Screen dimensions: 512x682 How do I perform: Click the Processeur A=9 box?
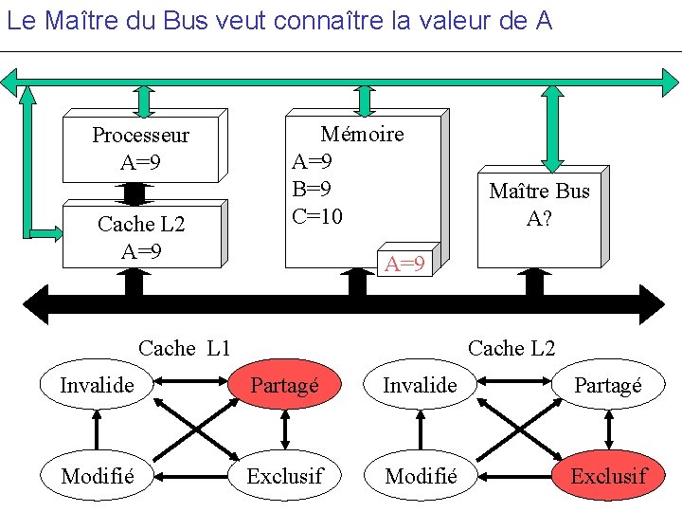(x=140, y=149)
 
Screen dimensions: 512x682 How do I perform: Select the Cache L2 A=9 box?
(x=141, y=237)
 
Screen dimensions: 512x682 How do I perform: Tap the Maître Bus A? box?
(x=539, y=205)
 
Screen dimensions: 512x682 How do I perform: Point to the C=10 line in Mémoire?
(x=317, y=216)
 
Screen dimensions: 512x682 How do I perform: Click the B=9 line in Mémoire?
(x=312, y=189)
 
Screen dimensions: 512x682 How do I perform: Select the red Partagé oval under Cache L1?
(x=284, y=386)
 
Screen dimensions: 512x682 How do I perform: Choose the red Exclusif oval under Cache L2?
(x=608, y=476)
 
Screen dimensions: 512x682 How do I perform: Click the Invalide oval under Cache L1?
(x=96, y=384)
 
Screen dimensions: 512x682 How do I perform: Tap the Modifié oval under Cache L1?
(x=96, y=476)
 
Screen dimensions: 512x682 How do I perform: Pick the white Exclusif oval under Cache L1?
(x=284, y=476)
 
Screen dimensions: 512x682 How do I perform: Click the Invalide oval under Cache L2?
(x=420, y=384)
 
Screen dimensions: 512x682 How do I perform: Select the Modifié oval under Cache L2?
(x=422, y=476)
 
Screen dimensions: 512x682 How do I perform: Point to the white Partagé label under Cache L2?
(x=607, y=385)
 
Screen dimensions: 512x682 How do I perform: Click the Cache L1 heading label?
(x=184, y=348)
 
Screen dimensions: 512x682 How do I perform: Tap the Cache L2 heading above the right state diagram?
(x=511, y=348)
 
